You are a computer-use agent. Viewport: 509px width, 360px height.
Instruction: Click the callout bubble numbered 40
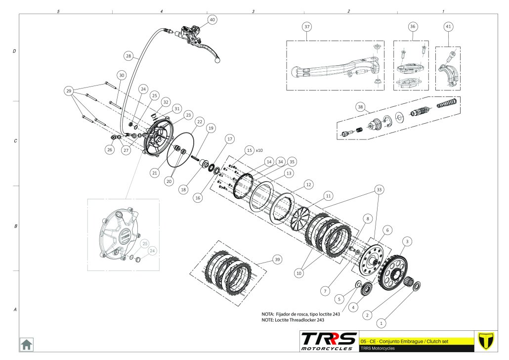(x=212, y=20)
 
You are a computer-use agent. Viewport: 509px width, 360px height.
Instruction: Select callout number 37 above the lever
(x=307, y=26)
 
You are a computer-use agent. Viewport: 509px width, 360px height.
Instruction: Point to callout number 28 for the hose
(x=128, y=56)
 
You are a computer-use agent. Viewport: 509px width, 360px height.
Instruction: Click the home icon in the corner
(x=26, y=344)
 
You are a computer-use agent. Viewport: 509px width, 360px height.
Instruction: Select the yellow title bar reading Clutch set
(x=415, y=341)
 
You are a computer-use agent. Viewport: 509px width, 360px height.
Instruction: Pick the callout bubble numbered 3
(x=407, y=241)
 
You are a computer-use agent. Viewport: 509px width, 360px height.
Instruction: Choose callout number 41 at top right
(x=448, y=26)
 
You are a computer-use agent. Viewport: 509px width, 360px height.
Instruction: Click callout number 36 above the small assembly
(x=413, y=26)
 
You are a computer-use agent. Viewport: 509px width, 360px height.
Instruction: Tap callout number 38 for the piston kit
(x=360, y=106)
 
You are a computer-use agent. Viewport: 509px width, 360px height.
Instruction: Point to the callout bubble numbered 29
(x=69, y=91)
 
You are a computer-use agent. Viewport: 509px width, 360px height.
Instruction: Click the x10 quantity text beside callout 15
(x=261, y=149)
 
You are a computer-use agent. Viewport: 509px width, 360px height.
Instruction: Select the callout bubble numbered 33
(x=380, y=189)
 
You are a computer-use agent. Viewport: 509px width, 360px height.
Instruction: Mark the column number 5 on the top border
(x=58, y=11)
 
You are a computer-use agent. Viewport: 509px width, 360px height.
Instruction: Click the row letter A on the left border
(x=15, y=310)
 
